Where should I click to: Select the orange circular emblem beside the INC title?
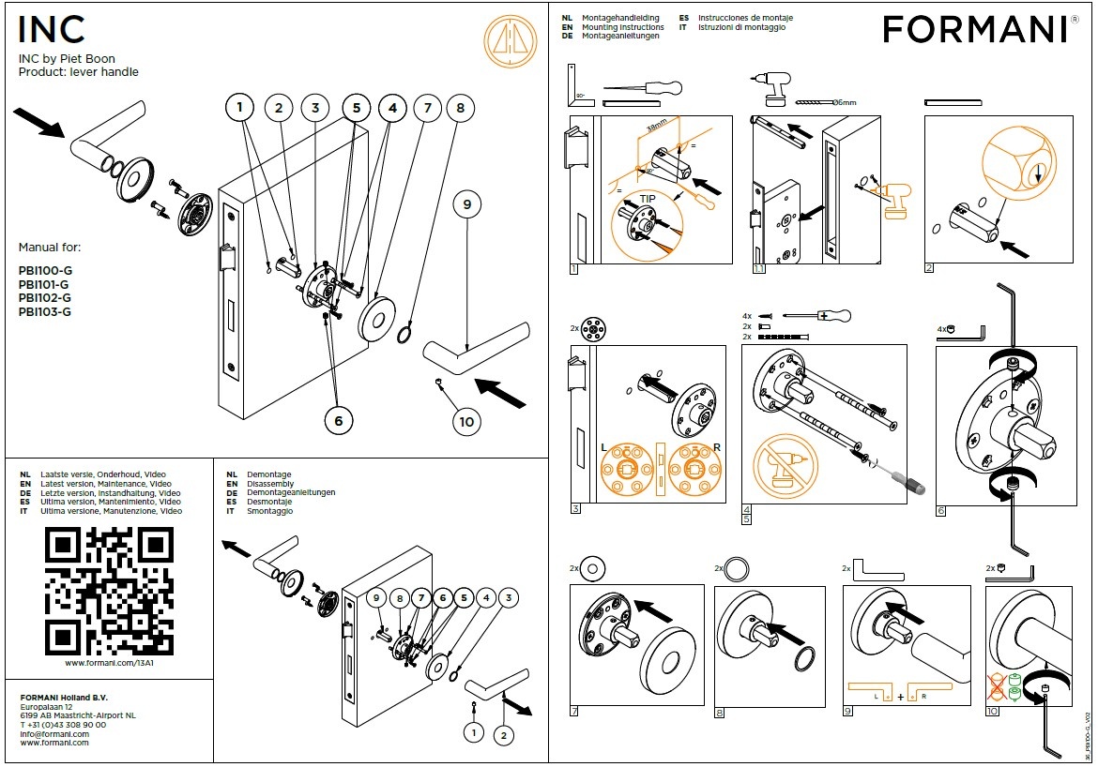[x=510, y=41]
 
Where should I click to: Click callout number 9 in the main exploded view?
[x=466, y=203]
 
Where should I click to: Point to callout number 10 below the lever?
[x=466, y=422]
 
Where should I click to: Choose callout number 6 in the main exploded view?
[x=339, y=422]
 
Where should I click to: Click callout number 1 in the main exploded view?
[x=240, y=109]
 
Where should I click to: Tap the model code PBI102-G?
[x=44, y=298]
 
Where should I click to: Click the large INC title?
[x=52, y=30]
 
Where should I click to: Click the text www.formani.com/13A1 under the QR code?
[x=109, y=663]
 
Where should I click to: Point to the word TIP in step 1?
[x=648, y=199]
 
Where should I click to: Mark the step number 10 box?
[x=992, y=713]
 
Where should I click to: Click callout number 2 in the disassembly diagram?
[x=504, y=735]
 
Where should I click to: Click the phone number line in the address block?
[x=63, y=725]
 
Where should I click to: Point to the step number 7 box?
[x=575, y=713]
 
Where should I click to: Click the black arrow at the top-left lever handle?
[x=40, y=122]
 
